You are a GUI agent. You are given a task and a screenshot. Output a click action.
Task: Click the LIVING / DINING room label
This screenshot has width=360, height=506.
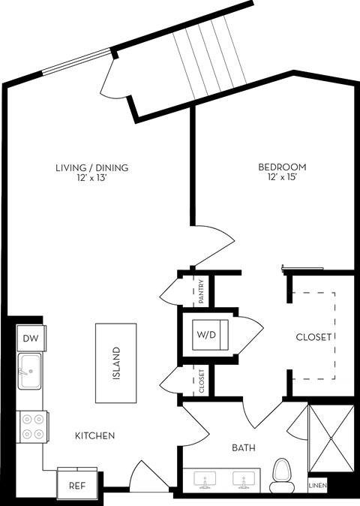(91, 167)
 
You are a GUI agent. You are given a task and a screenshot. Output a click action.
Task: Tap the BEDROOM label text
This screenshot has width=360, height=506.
(283, 167)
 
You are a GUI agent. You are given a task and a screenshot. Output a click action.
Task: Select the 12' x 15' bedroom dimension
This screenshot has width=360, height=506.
(283, 177)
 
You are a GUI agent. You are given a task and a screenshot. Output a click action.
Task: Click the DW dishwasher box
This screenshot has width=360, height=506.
(30, 339)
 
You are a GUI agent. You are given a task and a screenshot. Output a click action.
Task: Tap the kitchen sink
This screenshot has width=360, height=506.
(30, 372)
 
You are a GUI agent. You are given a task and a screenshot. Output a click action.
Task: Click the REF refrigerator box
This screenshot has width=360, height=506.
(76, 486)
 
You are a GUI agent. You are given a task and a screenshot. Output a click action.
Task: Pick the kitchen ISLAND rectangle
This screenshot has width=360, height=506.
(115, 363)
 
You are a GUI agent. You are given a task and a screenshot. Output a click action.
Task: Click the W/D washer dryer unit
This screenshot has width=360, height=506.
(206, 334)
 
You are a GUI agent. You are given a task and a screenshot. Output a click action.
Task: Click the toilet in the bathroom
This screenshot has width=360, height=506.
(282, 474)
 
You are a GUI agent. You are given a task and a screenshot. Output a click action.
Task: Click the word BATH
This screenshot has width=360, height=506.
(243, 448)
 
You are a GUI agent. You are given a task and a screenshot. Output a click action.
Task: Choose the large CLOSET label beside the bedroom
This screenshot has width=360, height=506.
(313, 337)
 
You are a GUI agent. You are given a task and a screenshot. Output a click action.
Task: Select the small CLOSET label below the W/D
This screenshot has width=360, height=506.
(201, 380)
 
